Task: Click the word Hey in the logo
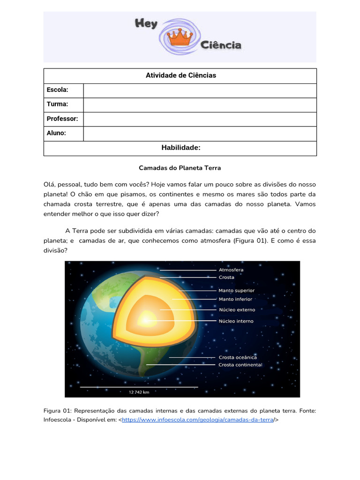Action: coord(146,24)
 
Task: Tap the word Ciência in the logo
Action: coord(221,45)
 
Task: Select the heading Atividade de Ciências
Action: coord(180,75)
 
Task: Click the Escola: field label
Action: coord(57,90)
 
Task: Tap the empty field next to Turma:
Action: coord(200,105)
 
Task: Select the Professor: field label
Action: coord(62,119)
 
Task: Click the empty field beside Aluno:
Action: coord(200,134)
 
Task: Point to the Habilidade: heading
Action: coord(180,148)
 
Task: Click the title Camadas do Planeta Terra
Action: coord(180,167)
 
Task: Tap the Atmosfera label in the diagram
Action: coord(231,270)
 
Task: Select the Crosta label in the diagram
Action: coord(226,277)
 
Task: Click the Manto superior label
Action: coord(237,291)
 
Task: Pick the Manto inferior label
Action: coord(235,299)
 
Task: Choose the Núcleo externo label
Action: coord(237,310)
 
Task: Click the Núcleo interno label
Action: coord(236,321)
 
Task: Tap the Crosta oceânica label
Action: coord(238,357)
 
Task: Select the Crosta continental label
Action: coord(240,365)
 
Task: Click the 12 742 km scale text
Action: coord(139,392)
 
